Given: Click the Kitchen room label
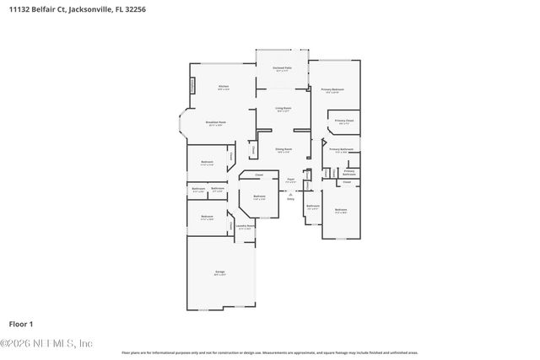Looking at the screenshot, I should [224, 87].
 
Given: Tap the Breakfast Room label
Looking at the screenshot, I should [216, 123].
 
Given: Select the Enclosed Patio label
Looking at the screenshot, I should [282, 68].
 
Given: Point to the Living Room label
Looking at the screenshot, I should [283, 109].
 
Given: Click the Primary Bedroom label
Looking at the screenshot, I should [332, 90].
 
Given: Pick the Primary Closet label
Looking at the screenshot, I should [343, 121].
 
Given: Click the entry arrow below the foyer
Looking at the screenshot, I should [290, 195].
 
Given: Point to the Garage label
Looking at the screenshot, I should [219, 272].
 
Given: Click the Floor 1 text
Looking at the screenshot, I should [20, 324].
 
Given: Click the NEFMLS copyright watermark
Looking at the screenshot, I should [46, 342].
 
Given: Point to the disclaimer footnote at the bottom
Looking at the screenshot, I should [269, 352].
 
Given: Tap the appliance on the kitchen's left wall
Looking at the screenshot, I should [193, 85].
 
